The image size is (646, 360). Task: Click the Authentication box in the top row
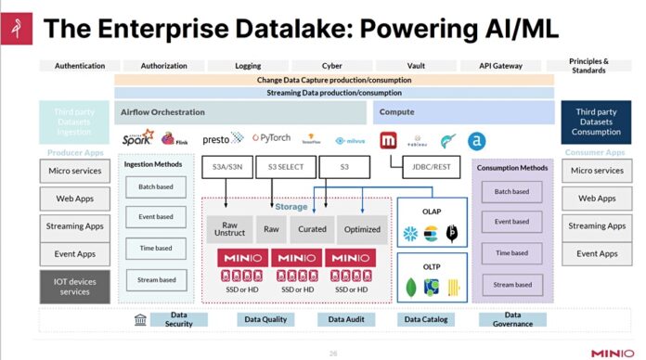pos(80,66)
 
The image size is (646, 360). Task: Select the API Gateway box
pos(500,66)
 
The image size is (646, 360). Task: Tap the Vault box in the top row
pos(416,66)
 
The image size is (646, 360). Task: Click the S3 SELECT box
pos(285,168)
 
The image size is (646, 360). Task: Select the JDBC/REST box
pos(432,168)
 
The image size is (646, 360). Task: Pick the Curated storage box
pos(311,228)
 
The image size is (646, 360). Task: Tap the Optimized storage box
pos(361,228)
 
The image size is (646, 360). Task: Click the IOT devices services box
pos(73,286)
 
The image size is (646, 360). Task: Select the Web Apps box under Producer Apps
pos(73,199)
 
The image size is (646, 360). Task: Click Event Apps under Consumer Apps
pos(597,253)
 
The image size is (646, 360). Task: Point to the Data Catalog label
pos(426,320)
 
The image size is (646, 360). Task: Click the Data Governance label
pos(512,320)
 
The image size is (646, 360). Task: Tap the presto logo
pos(223,139)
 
